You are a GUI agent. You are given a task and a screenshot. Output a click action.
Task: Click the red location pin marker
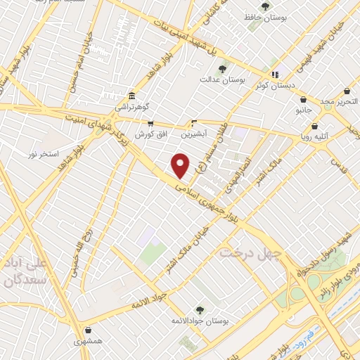[x=181, y=165]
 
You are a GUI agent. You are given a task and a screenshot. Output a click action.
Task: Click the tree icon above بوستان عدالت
[x=222, y=69]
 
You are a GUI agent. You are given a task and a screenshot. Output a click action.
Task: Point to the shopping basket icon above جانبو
[x=303, y=99]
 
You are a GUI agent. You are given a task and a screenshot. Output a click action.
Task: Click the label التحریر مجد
[x=340, y=102]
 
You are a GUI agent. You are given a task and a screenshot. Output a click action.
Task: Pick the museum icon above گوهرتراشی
[x=131, y=96]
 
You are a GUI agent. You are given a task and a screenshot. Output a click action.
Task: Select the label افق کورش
[x=150, y=133]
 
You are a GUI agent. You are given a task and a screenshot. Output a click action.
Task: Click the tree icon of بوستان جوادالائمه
[x=200, y=309]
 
